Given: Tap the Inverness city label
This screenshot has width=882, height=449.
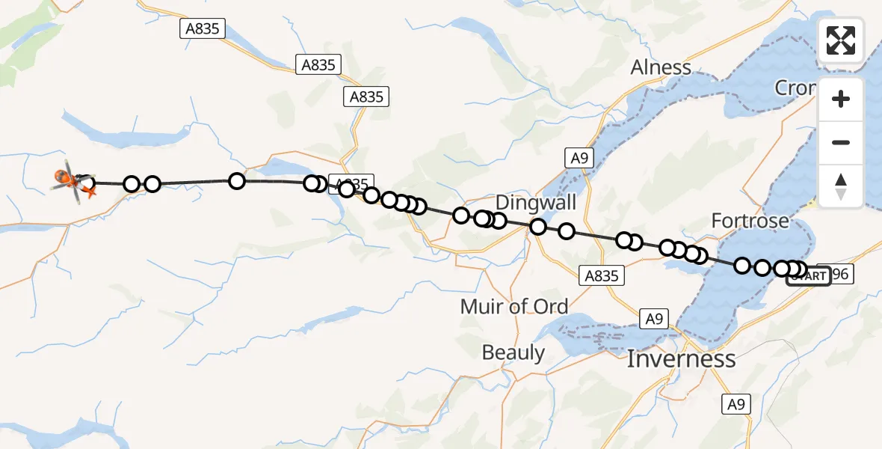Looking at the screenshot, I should click(681, 359).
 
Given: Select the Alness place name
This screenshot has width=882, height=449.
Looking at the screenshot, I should click(661, 67).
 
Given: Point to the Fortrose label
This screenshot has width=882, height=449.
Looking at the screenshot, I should click(750, 221).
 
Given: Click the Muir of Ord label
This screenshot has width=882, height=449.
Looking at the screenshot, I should click(514, 306).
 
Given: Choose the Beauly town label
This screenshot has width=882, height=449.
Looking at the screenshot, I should click(514, 352).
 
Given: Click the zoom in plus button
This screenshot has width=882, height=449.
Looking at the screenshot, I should click(841, 100).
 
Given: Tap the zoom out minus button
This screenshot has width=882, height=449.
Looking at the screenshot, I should click(841, 142).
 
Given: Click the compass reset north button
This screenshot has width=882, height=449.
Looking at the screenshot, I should click(841, 185).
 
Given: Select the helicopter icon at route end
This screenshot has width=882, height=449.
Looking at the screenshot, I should click(69, 180).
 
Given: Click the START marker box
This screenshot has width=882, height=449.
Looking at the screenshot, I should click(809, 276).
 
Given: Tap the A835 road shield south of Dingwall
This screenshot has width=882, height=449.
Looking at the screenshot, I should click(602, 275).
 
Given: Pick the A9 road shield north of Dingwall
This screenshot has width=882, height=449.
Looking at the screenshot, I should click(578, 158).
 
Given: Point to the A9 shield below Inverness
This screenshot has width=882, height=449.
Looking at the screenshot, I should click(736, 404).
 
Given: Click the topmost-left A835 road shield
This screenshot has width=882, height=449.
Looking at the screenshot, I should click(203, 28).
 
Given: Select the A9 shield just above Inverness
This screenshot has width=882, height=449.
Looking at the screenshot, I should click(654, 320).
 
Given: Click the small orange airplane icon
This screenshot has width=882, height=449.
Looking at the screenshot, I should click(90, 193).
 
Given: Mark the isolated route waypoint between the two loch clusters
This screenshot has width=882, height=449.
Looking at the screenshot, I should click(236, 180).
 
